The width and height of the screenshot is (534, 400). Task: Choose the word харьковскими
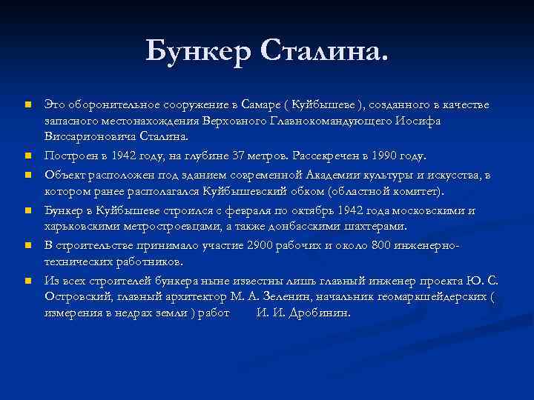(80, 226)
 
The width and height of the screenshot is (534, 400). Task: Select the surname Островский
(77, 296)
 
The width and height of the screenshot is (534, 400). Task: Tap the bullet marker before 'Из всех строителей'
(27, 281)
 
